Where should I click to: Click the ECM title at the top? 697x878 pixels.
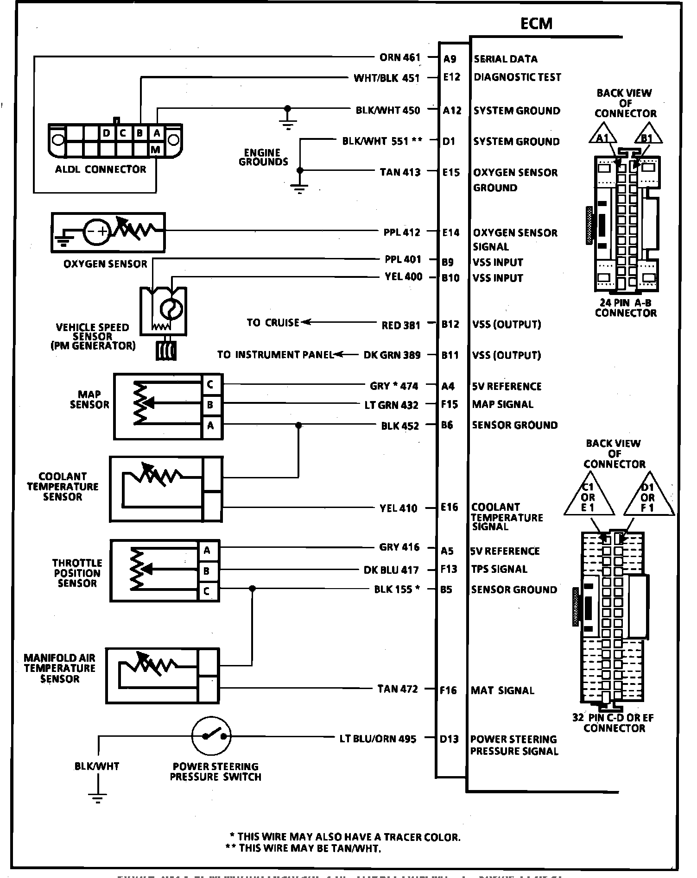coord(536,23)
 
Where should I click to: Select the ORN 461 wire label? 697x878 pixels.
coord(399,57)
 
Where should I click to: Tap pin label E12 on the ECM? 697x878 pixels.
coord(451,77)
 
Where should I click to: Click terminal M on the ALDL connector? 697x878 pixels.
coord(156,149)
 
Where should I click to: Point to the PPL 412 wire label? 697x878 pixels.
coord(401,232)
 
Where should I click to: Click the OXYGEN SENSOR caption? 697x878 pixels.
coord(105,264)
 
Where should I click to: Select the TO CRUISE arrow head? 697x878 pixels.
coord(306,322)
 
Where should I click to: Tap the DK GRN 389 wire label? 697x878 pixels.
coord(392,355)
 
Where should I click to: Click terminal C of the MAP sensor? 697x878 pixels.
coord(210,384)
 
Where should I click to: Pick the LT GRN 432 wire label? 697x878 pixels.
coord(392,405)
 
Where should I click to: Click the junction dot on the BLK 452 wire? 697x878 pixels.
coord(298,425)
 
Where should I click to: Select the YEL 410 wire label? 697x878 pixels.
coord(398,508)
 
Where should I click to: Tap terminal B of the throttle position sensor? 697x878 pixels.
coord(206,571)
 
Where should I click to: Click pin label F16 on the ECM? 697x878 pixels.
coord(448,690)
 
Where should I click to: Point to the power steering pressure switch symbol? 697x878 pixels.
coord(211,736)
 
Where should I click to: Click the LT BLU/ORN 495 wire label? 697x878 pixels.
coord(378,739)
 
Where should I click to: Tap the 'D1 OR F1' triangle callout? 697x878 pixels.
coord(647,496)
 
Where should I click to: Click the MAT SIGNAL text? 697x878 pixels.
coord(502,690)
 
